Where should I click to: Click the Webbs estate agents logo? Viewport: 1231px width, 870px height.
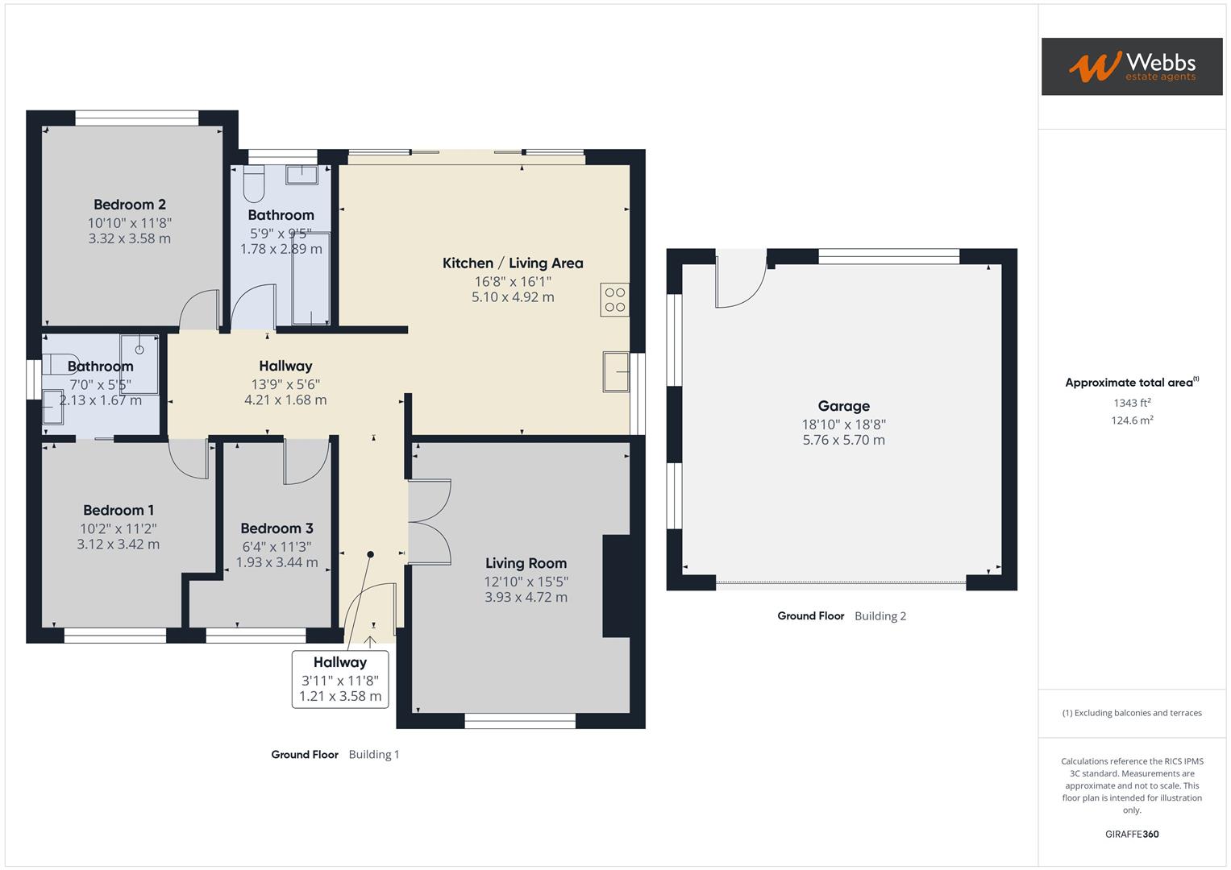(1131, 66)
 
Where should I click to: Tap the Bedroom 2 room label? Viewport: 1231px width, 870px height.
(130, 205)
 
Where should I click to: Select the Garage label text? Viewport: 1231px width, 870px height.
(843, 406)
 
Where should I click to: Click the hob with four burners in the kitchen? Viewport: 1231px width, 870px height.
(614, 300)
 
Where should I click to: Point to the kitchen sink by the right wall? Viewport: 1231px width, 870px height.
(615, 371)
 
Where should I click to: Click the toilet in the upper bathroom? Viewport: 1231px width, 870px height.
(254, 184)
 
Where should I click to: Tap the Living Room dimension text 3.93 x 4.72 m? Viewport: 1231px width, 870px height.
(526, 597)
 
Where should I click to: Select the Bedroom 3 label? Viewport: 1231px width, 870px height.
(277, 528)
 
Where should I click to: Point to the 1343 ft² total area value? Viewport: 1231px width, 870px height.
(1132, 403)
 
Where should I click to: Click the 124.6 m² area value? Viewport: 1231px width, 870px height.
(1132, 420)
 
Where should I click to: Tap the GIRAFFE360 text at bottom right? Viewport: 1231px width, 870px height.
(1132, 834)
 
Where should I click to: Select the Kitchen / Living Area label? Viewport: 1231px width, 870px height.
(513, 263)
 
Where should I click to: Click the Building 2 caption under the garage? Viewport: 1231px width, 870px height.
(880, 615)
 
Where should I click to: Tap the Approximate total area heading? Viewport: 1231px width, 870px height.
(1131, 383)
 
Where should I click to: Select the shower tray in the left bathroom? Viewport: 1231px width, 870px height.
(139, 351)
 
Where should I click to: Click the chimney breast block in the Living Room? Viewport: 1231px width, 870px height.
(616, 586)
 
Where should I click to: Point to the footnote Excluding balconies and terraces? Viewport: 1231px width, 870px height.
(1132, 713)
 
